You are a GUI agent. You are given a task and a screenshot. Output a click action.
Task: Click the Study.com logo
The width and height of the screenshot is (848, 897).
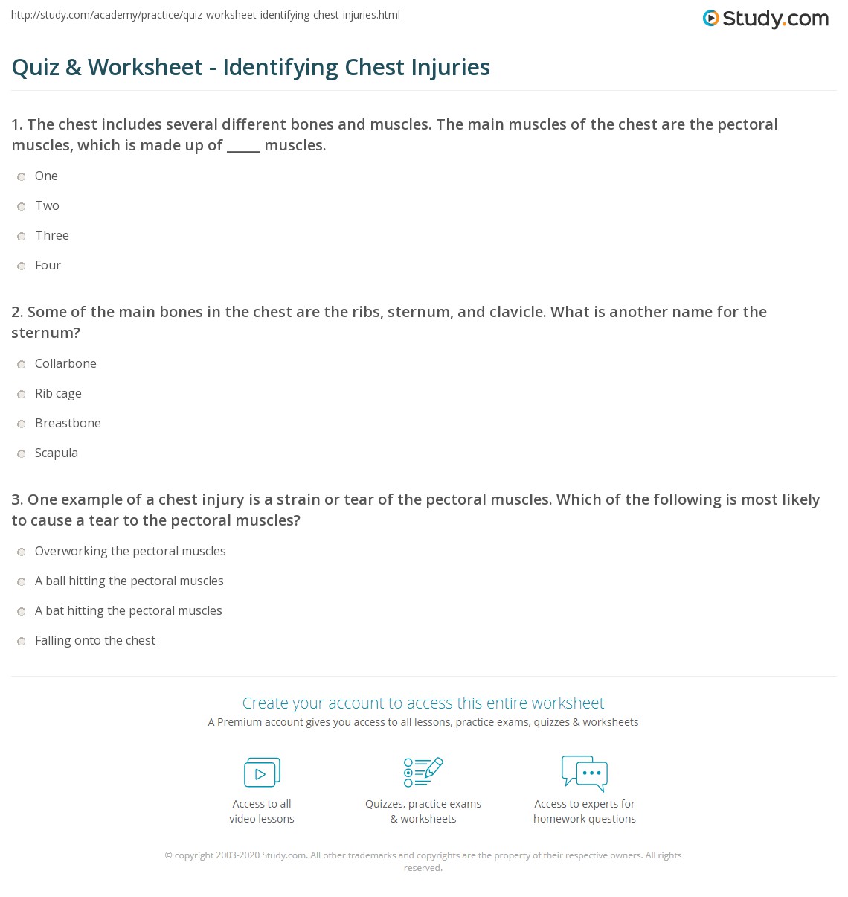coord(765,19)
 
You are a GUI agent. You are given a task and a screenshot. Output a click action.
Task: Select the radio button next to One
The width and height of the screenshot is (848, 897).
coord(22,177)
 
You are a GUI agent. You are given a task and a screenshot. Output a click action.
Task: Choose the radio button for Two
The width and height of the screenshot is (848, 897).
coord(22,207)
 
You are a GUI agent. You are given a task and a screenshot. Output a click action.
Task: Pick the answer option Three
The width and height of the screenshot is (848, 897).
coord(51,235)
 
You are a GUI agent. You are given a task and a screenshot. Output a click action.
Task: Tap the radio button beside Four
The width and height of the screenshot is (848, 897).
coord(22,266)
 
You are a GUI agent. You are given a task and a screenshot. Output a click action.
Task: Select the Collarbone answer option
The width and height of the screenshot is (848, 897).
coord(65,363)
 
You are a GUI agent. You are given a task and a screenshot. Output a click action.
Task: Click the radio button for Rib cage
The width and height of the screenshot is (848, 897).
coord(22,395)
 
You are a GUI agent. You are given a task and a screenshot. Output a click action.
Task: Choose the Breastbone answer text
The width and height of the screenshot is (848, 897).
coord(68,423)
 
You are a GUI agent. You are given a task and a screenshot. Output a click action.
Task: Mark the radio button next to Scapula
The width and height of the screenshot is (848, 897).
coord(22,454)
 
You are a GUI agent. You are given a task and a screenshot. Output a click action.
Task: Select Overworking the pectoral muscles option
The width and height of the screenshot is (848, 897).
coord(130,551)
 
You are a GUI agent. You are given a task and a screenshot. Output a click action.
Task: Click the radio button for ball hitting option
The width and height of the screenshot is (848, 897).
coord(22,582)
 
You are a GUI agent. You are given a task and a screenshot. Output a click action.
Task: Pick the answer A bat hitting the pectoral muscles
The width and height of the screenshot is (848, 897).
coord(128,610)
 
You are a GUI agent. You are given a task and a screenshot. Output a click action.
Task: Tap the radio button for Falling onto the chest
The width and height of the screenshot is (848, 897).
coord(22,642)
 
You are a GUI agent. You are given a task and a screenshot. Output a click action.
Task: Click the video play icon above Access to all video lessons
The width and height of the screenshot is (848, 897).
coord(262,773)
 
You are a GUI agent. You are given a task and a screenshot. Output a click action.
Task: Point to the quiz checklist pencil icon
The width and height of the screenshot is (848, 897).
coord(423,772)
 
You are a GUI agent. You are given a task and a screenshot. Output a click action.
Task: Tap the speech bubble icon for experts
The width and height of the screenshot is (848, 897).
coord(585,772)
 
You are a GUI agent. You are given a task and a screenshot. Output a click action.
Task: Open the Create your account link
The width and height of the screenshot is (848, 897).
coord(423,703)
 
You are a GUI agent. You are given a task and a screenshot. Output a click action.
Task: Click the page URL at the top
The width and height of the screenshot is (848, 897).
coord(205,15)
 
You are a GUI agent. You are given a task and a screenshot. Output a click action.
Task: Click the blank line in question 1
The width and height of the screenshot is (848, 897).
coord(243,147)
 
